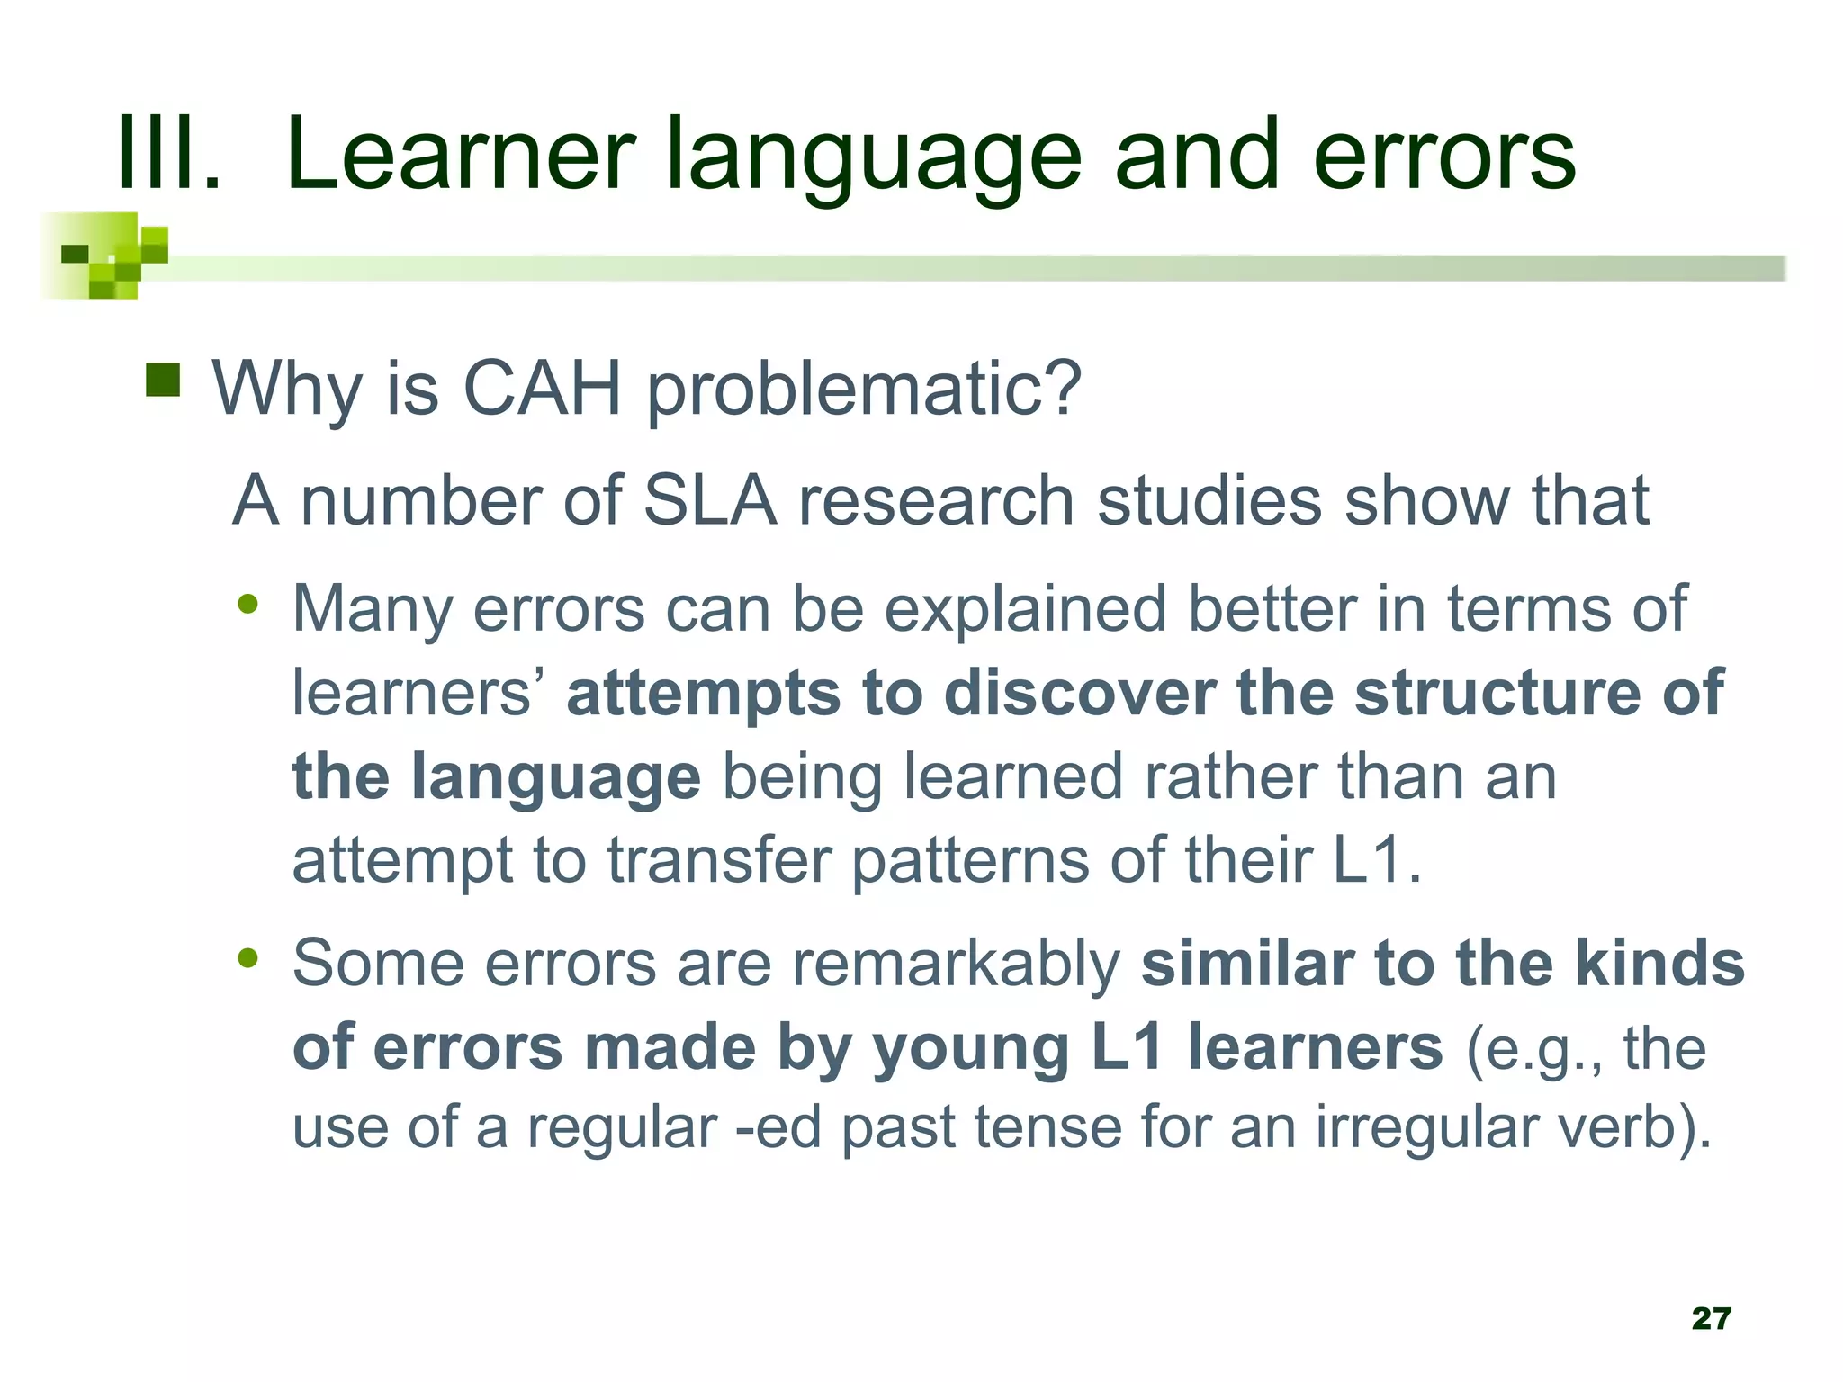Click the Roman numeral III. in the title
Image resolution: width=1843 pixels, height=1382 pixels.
(169, 155)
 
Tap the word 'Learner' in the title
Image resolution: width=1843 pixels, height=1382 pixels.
(460, 155)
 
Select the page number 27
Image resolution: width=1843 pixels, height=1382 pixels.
(1711, 1318)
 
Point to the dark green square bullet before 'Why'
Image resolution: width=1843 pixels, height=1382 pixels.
(163, 380)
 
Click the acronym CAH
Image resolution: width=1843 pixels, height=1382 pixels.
(542, 389)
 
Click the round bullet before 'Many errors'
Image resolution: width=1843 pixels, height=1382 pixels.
(248, 604)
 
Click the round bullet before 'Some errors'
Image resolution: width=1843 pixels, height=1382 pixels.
(248, 958)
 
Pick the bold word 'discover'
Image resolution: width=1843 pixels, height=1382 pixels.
(1080, 693)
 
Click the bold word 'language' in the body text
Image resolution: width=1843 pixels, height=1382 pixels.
(556, 777)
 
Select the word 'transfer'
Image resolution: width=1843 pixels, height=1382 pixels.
(719, 860)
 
